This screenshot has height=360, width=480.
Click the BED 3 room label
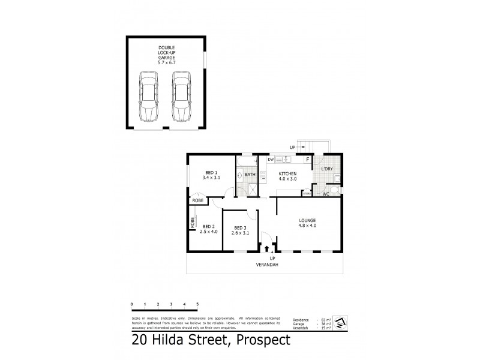(x=240, y=227)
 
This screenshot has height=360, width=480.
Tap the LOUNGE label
(x=307, y=221)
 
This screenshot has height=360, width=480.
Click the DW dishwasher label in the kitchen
(x=271, y=160)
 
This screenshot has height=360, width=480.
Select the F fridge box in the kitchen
(x=308, y=160)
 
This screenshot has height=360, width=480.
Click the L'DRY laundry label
(x=327, y=169)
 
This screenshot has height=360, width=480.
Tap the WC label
(x=326, y=194)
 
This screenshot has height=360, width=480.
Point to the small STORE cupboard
(x=307, y=193)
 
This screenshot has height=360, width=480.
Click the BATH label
(x=250, y=175)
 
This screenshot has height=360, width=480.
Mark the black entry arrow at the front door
(x=267, y=248)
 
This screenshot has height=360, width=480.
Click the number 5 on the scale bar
(x=197, y=305)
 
